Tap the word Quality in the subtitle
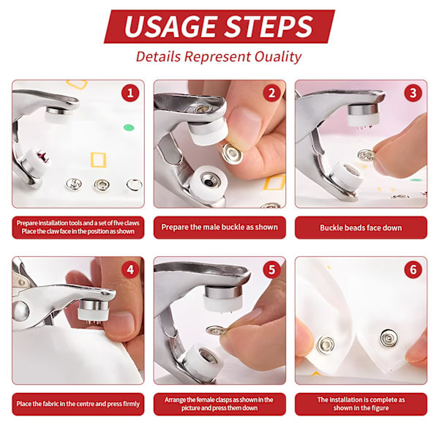pos(278,57)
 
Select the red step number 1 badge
pos(130,93)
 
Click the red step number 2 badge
pos(271,93)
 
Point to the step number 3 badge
pos(413,93)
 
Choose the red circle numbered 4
pos(130,269)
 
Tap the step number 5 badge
pos(271,269)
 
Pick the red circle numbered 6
pos(413,269)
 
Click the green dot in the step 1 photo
pos(129,127)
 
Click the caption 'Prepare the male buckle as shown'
pos(219,227)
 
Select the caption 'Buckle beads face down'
pos(361,228)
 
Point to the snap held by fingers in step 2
pos(232,154)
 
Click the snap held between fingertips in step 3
pos(367,156)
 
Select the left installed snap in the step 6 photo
pos(326,344)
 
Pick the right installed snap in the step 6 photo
pos(389,338)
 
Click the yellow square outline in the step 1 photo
pos(98,160)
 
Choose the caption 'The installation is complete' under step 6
pos(361,404)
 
